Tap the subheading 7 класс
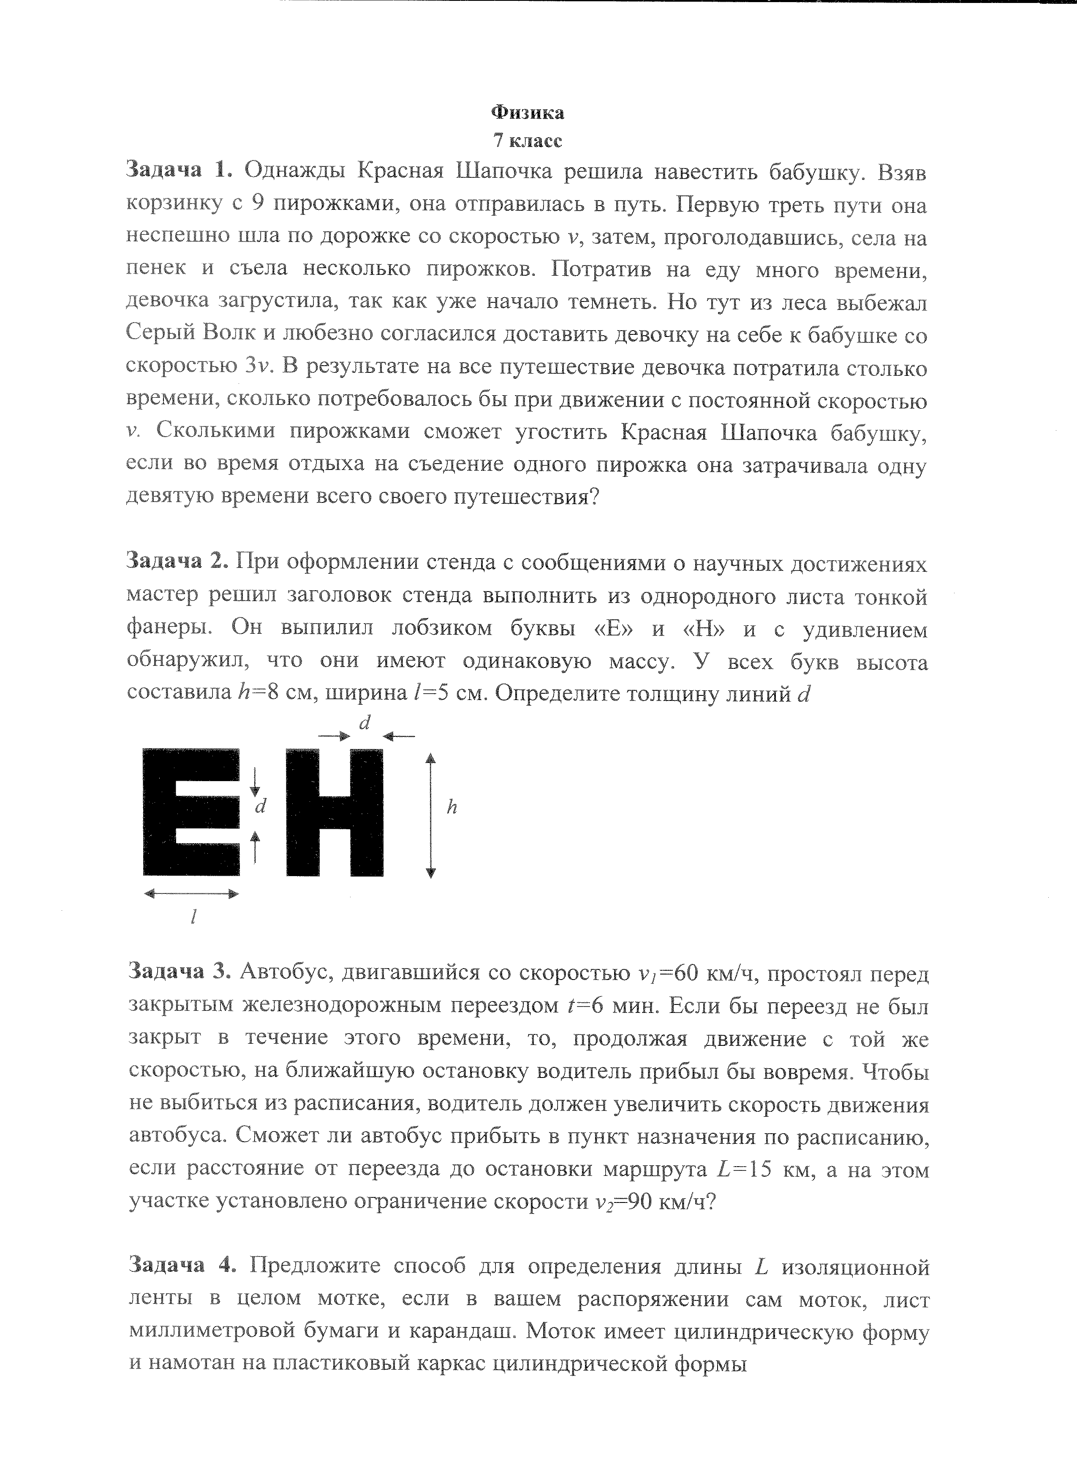pos(528,141)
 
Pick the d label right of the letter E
pos(261,806)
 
